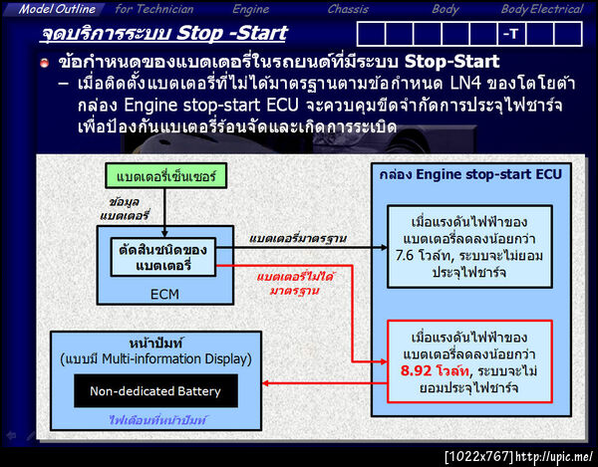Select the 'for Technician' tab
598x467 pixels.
(x=153, y=9)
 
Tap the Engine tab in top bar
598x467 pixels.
(x=250, y=9)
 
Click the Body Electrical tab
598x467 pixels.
(x=541, y=9)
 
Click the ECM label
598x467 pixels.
(x=163, y=295)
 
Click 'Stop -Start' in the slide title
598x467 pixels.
(x=229, y=34)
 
